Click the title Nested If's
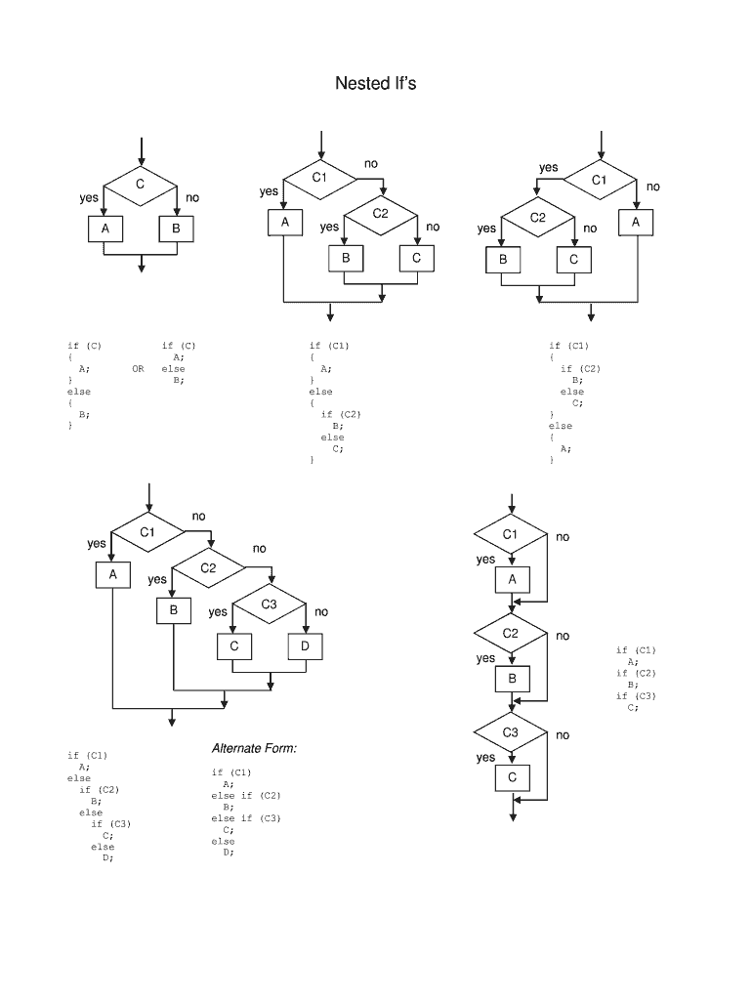pyautogui.click(x=375, y=83)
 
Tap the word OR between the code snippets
pyautogui.click(x=138, y=369)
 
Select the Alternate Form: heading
pyautogui.click(x=254, y=748)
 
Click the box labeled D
pyautogui.click(x=305, y=646)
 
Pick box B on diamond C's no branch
pyautogui.click(x=177, y=229)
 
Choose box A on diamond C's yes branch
pyautogui.click(x=104, y=229)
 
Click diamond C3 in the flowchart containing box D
pyautogui.click(x=270, y=604)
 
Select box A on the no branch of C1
pyautogui.click(x=636, y=223)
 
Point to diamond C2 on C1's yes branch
pyautogui.click(x=538, y=217)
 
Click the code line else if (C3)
pyautogui.click(x=246, y=818)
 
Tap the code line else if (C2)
pyautogui.click(x=246, y=796)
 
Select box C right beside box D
pyautogui.click(x=234, y=646)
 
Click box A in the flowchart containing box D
pyautogui.click(x=113, y=575)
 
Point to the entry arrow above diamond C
pyautogui.click(x=142, y=150)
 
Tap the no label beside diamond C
pyautogui.click(x=192, y=198)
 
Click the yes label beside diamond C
pyautogui.click(x=89, y=198)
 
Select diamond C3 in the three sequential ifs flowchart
pyautogui.click(x=511, y=731)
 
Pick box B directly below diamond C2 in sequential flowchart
pyautogui.click(x=513, y=679)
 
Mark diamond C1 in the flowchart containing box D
pyautogui.click(x=147, y=532)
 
